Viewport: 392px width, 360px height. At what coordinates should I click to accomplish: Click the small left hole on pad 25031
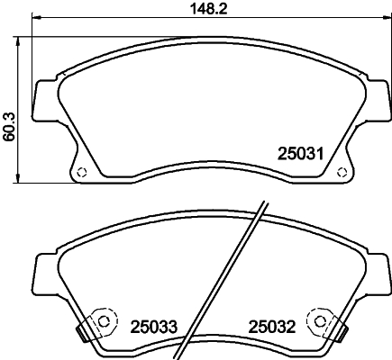click(x=79, y=173)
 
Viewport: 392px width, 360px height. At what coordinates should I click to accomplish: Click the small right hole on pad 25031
click(x=341, y=173)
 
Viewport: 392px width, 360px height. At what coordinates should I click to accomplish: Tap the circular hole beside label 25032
click(x=318, y=319)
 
